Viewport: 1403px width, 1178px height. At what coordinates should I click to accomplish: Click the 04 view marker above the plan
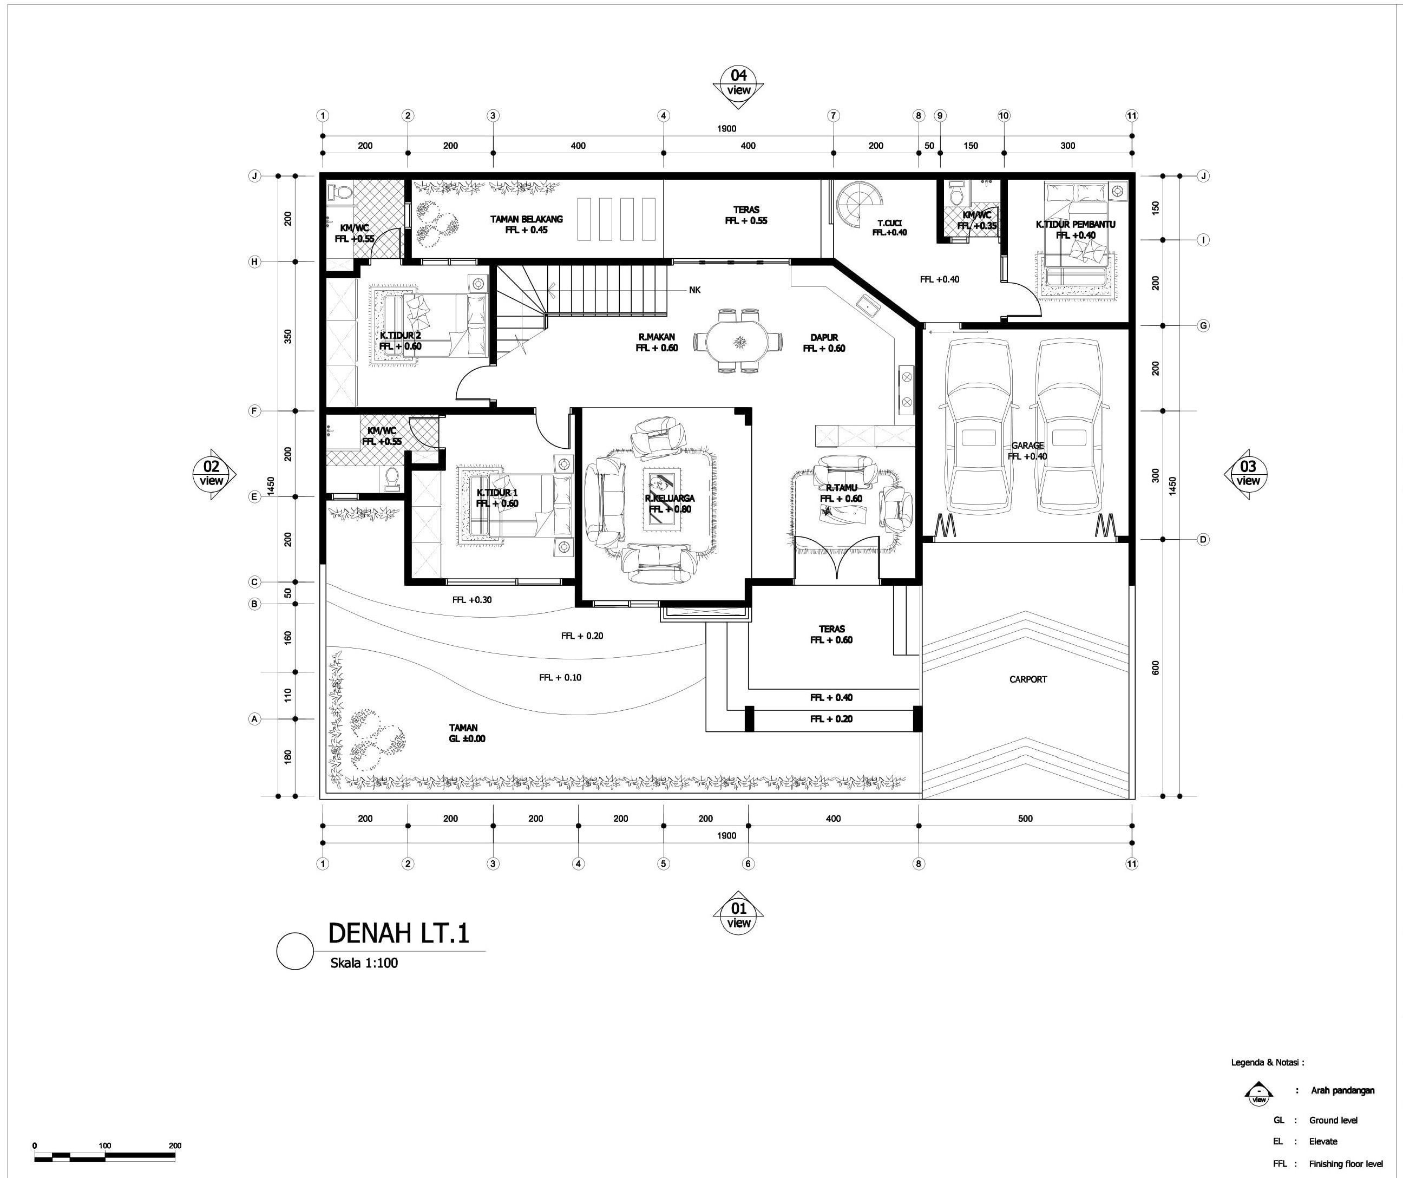(x=738, y=83)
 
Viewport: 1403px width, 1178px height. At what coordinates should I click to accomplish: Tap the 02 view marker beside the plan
(x=211, y=473)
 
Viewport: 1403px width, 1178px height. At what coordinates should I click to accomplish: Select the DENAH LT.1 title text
(x=399, y=933)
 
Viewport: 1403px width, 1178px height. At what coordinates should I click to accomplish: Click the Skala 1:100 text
(x=364, y=963)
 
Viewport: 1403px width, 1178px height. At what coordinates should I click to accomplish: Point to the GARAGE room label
(x=1027, y=446)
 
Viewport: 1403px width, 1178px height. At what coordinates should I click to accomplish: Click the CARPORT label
(x=1027, y=679)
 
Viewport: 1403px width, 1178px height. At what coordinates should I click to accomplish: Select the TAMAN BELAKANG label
(x=527, y=219)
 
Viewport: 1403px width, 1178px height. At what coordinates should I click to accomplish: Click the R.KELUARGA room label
(x=670, y=499)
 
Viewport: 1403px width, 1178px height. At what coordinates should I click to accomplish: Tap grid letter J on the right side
(x=1203, y=176)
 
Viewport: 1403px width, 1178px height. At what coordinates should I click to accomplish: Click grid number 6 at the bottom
(x=748, y=864)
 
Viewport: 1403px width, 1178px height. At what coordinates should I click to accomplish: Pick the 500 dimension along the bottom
(x=1025, y=819)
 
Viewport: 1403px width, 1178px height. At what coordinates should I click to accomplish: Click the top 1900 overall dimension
(x=726, y=129)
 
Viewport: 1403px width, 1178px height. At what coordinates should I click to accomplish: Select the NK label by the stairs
(x=695, y=290)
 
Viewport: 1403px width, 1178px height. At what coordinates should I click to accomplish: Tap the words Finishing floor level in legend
(x=1346, y=1164)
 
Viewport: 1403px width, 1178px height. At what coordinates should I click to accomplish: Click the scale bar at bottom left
(x=104, y=1155)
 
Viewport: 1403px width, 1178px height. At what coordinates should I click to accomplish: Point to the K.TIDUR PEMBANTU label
(x=1075, y=225)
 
